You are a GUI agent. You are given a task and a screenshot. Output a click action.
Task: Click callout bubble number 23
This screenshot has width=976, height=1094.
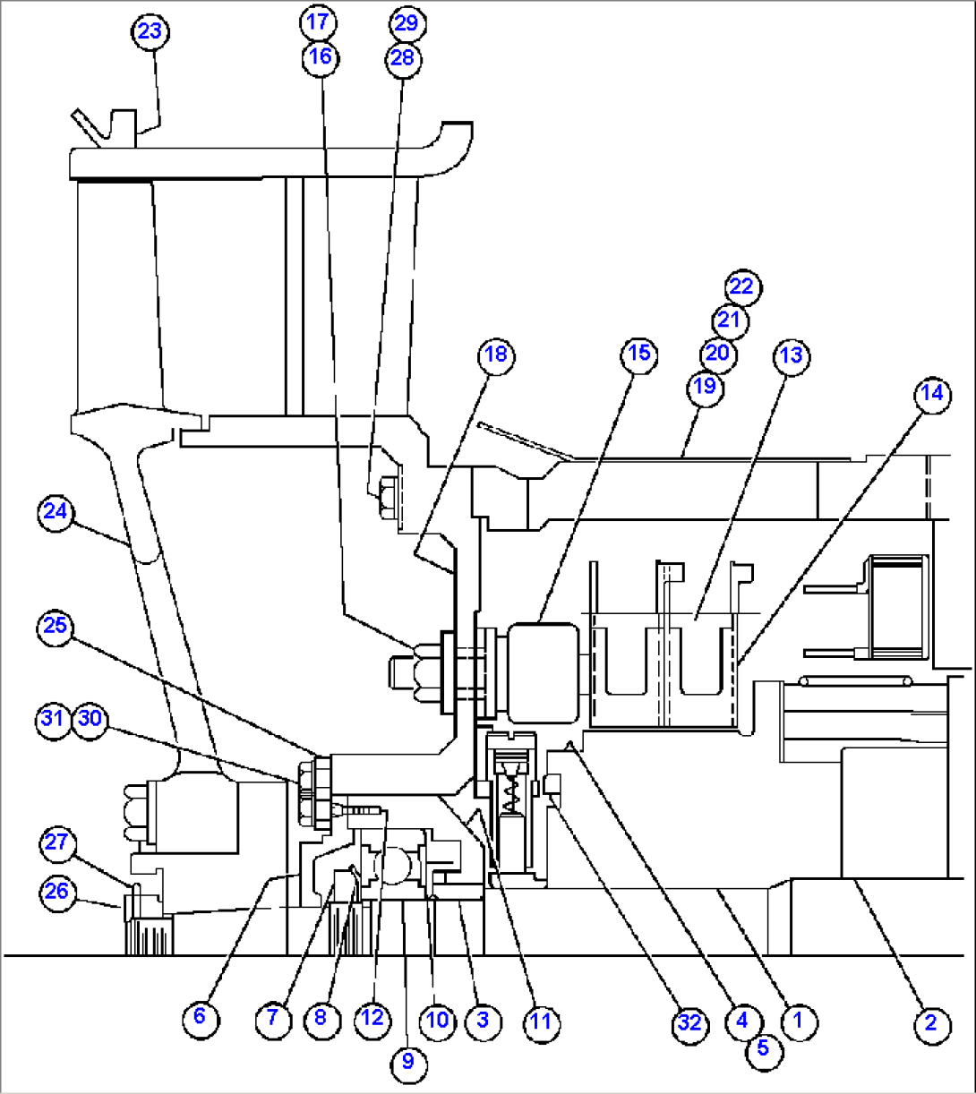150,32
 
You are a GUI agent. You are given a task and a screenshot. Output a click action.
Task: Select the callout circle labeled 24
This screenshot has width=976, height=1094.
56,512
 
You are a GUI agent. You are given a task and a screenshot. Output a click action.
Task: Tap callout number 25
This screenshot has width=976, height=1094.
56,625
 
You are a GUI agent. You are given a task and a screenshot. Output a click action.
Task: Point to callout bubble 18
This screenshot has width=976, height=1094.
495,355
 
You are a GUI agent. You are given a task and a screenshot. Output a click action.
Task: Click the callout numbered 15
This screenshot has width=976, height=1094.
638,354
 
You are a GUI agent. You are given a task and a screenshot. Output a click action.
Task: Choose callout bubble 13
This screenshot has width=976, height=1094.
790,355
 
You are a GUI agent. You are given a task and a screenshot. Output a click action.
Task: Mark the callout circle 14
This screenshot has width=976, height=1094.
932,395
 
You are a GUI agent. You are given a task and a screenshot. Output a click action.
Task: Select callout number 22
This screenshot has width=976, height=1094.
741,287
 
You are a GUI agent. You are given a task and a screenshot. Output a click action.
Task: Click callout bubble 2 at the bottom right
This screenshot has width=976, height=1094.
930,1022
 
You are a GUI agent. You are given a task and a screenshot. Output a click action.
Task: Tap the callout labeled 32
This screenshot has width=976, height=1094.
689,1021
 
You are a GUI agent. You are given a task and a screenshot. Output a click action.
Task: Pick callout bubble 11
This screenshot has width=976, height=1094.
541,1021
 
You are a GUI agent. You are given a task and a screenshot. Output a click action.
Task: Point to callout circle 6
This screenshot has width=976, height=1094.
199,1016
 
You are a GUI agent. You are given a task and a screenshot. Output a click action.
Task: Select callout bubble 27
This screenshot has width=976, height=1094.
57,842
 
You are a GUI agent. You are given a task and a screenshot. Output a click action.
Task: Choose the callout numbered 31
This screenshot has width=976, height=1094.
54,719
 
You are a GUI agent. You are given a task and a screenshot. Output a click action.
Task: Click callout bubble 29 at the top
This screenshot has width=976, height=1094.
406,22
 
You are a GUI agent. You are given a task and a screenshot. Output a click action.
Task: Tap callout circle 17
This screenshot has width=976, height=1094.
320,21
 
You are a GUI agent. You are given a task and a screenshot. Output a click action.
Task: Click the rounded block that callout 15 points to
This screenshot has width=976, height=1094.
544,671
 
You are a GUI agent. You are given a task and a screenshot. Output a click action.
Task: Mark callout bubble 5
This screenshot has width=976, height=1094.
763,1048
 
